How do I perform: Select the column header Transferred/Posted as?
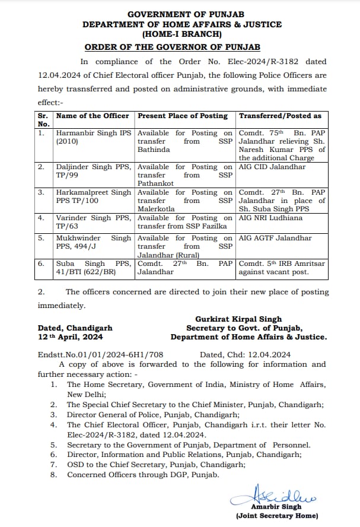click(x=280, y=116)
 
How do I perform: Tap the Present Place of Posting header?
click(x=183, y=116)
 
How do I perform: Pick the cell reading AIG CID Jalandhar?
click(x=272, y=167)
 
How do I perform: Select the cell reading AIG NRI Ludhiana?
click(x=270, y=218)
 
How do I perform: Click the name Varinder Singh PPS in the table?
click(x=93, y=218)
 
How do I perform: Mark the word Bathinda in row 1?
click(x=154, y=150)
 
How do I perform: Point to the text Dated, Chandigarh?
click(x=75, y=328)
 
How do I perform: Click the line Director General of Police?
click(x=153, y=415)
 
